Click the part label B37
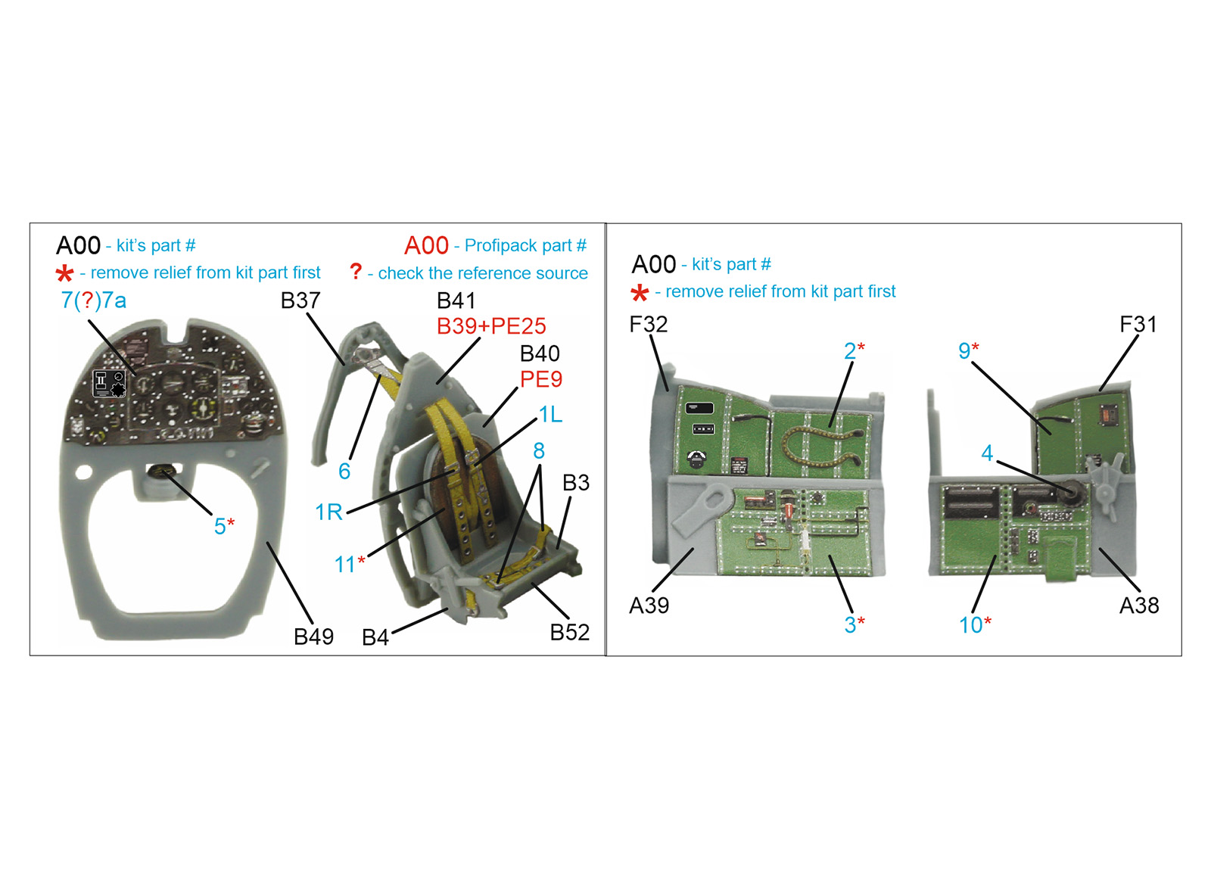(x=300, y=300)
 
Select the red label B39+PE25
(x=491, y=326)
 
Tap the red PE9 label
(x=541, y=379)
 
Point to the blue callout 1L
(x=550, y=415)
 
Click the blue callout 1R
(x=328, y=512)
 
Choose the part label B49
(x=313, y=637)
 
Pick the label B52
(x=570, y=632)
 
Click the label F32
(x=649, y=325)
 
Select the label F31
(x=1138, y=325)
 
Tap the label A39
(x=649, y=606)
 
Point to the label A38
(x=1139, y=606)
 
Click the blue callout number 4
(x=987, y=453)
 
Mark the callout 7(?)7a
(x=94, y=300)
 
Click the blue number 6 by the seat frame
(x=344, y=472)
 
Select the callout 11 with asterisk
(x=350, y=564)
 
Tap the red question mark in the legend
(x=356, y=271)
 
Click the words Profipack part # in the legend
(x=525, y=245)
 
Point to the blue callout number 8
(x=539, y=451)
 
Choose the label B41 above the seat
(x=456, y=300)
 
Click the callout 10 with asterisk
(x=976, y=625)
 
